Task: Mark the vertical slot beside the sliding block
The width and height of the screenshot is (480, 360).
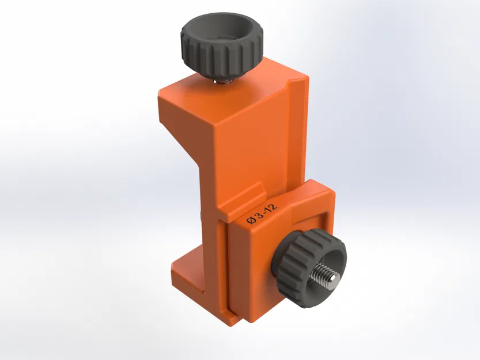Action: (224, 265)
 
